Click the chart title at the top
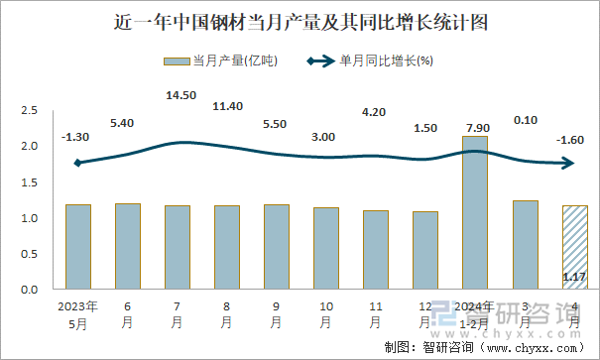[x=300, y=20]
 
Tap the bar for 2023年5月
[x=77, y=247]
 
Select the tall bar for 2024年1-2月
[x=475, y=212]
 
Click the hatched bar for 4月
[x=574, y=248]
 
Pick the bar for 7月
[x=177, y=247]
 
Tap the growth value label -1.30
[x=75, y=137]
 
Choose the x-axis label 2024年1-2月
[x=475, y=314]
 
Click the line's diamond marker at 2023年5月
[x=77, y=163]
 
